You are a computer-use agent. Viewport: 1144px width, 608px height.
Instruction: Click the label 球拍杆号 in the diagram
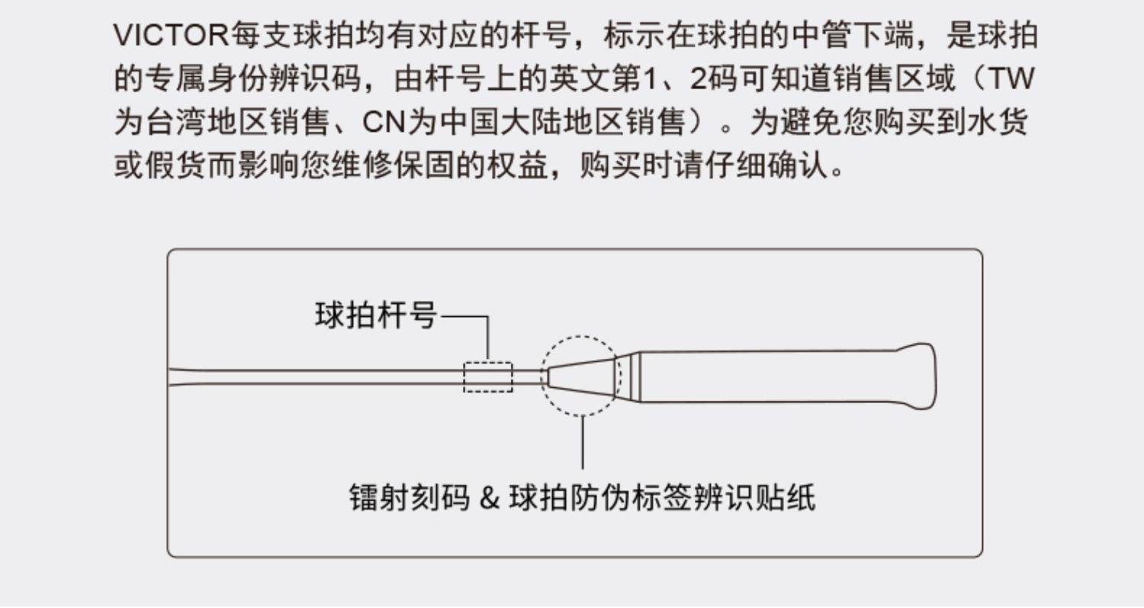click(376, 315)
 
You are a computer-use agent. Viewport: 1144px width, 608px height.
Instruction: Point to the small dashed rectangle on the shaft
click(488, 376)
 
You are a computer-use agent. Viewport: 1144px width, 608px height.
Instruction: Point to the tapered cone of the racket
click(581, 376)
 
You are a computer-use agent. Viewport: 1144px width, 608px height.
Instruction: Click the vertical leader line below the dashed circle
click(582, 442)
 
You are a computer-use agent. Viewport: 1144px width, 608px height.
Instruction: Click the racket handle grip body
click(763, 376)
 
